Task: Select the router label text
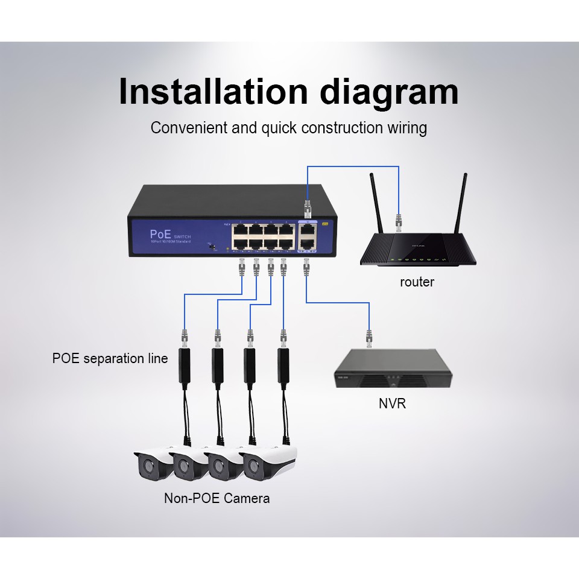click(x=417, y=282)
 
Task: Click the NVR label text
click(x=393, y=403)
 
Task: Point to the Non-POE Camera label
click(x=217, y=498)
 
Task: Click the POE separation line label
click(x=110, y=359)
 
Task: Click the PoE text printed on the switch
click(x=160, y=233)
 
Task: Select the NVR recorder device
click(x=393, y=369)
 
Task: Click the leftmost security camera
click(x=151, y=464)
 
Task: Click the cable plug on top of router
click(x=398, y=221)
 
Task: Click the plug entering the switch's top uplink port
click(x=307, y=209)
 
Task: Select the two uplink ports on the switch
click(x=308, y=236)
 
